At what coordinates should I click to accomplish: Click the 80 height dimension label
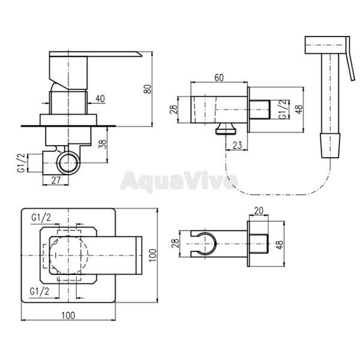(148, 89)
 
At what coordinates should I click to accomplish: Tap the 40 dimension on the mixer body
(100, 99)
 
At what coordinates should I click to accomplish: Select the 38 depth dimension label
(104, 144)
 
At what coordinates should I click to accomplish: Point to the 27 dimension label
(56, 180)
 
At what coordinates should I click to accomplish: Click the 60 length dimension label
(219, 78)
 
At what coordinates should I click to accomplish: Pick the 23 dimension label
(237, 145)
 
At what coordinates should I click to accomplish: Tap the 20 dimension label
(259, 211)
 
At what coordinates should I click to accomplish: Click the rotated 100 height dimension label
(153, 255)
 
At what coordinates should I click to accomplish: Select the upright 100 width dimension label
(68, 316)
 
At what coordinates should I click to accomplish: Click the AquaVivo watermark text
(179, 181)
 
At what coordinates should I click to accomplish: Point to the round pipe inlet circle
(68, 163)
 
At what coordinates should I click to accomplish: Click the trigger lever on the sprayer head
(350, 59)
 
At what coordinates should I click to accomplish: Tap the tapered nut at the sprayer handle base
(330, 145)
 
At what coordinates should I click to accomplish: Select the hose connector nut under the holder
(226, 128)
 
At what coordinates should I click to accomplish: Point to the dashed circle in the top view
(68, 256)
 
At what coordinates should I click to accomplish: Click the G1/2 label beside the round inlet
(21, 163)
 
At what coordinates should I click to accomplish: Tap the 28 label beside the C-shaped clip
(175, 244)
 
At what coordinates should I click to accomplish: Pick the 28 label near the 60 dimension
(174, 110)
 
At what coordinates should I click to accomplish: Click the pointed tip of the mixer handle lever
(142, 56)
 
